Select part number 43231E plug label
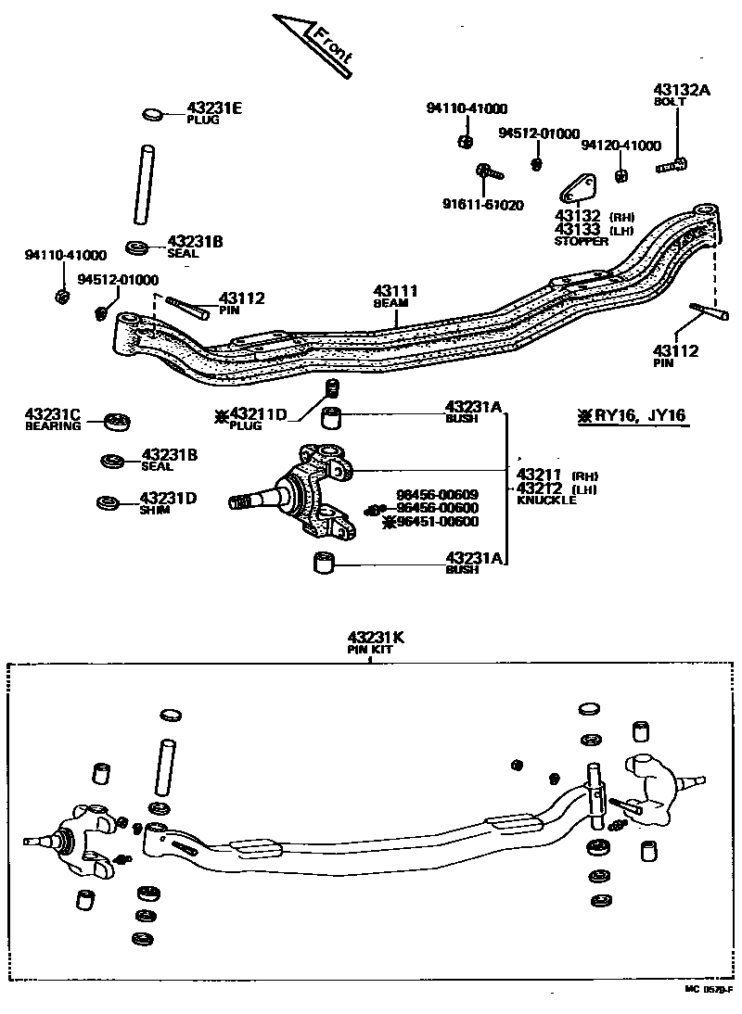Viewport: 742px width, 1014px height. (x=213, y=112)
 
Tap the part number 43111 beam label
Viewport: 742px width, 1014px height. (x=397, y=295)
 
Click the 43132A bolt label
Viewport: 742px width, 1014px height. (x=682, y=95)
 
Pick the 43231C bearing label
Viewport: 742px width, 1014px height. (x=53, y=418)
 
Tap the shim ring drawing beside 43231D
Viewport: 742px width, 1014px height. (x=109, y=502)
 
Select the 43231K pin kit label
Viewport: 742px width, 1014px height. (x=377, y=641)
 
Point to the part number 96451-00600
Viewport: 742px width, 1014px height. (x=436, y=522)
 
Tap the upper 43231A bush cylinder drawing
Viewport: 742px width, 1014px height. (x=333, y=417)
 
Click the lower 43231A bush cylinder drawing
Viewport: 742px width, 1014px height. (x=323, y=562)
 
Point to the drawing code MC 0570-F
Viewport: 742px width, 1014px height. (x=710, y=989)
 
